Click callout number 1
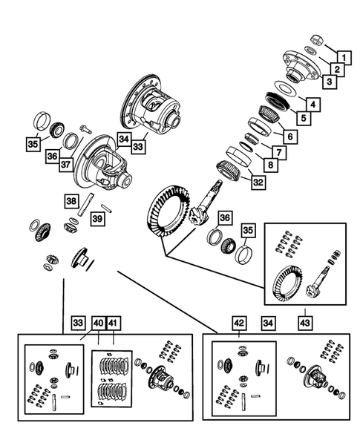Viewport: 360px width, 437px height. coord(344,56)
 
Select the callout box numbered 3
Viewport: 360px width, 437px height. coord(327,82)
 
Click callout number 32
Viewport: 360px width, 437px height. coord(256,183)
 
